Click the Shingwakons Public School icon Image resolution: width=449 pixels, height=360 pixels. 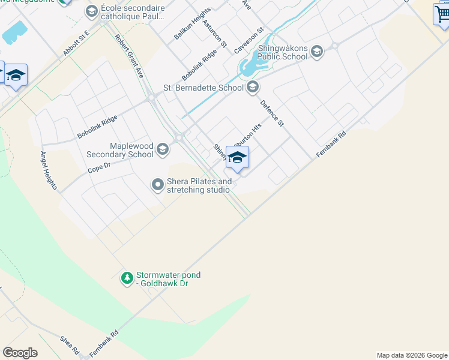pos(317,52)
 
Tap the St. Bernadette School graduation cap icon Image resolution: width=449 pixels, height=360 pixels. pos(253,88)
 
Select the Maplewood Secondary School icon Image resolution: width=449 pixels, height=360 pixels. pos(162,149)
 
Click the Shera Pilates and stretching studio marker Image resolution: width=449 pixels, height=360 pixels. pos(158,185)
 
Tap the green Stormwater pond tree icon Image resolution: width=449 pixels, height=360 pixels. pos(127,278)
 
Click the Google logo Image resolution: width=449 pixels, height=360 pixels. pos(20,353)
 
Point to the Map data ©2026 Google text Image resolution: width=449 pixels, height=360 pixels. pos(412,355)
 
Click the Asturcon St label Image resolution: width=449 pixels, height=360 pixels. pos(214,34)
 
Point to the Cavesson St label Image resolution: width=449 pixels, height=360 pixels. pos(249,40)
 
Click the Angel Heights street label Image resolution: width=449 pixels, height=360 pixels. pos(48,170)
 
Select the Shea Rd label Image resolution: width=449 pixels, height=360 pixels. pos(69,345)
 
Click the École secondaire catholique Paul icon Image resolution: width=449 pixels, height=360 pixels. pos(91,11)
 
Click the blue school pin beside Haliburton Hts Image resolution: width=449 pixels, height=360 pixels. pos(237,158)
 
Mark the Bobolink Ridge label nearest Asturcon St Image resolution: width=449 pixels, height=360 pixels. pos(199,65)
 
